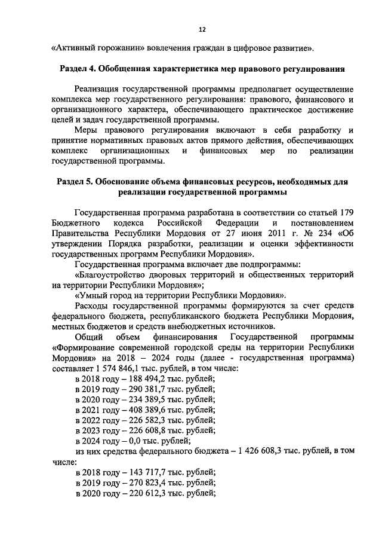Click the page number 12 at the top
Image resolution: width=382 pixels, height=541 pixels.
point(202,29)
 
